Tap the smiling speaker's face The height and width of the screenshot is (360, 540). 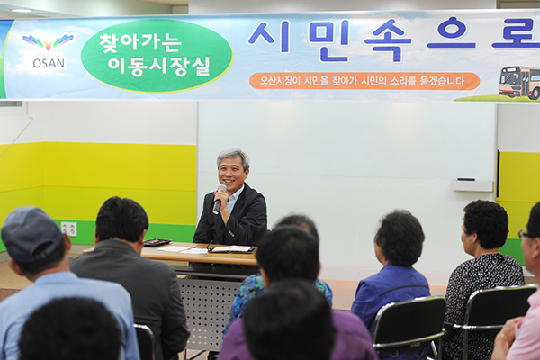(232, 172)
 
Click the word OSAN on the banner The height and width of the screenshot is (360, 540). (49, 63)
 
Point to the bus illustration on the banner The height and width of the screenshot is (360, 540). (519, 82)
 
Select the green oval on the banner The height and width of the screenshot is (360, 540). (157, 55)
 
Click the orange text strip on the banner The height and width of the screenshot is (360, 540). (364, 81)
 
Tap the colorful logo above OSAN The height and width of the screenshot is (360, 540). (48, 42)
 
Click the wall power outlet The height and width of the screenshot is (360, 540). (69, 229)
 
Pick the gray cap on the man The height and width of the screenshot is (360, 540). (31, 232)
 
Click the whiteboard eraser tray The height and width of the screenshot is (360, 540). (472, 184)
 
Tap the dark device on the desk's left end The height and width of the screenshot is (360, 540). (157, 242)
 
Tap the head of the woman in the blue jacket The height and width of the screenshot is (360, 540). (400, 236)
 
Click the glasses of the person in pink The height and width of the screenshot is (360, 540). (525, 234)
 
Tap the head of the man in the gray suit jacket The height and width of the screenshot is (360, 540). (121, 220)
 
